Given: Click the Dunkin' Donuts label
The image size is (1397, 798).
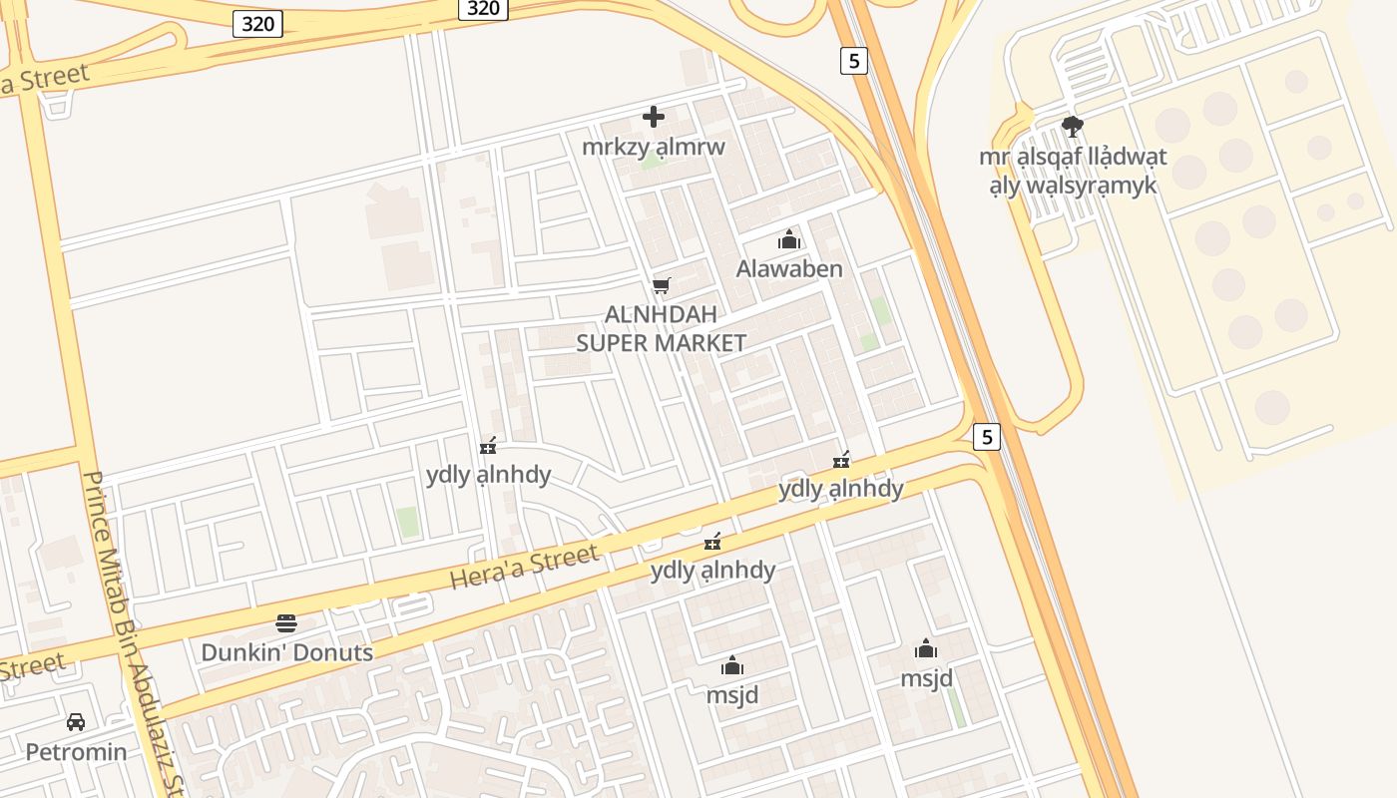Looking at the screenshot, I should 286,653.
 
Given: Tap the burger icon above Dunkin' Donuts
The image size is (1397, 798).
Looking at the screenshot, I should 286,624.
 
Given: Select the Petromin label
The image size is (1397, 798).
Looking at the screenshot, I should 76,751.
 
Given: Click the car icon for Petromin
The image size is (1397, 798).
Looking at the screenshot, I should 76,721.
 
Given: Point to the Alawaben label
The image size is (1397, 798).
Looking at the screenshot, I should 789,269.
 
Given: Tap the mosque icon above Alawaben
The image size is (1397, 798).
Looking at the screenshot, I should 789,239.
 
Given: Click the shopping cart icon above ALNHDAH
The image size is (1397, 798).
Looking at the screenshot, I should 661,286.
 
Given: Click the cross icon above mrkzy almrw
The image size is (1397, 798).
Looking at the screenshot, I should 654,117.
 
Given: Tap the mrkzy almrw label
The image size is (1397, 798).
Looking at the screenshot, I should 654,147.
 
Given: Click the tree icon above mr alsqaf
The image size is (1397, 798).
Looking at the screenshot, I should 1073,127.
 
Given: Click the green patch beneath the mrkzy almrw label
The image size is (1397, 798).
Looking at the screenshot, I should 651,161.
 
